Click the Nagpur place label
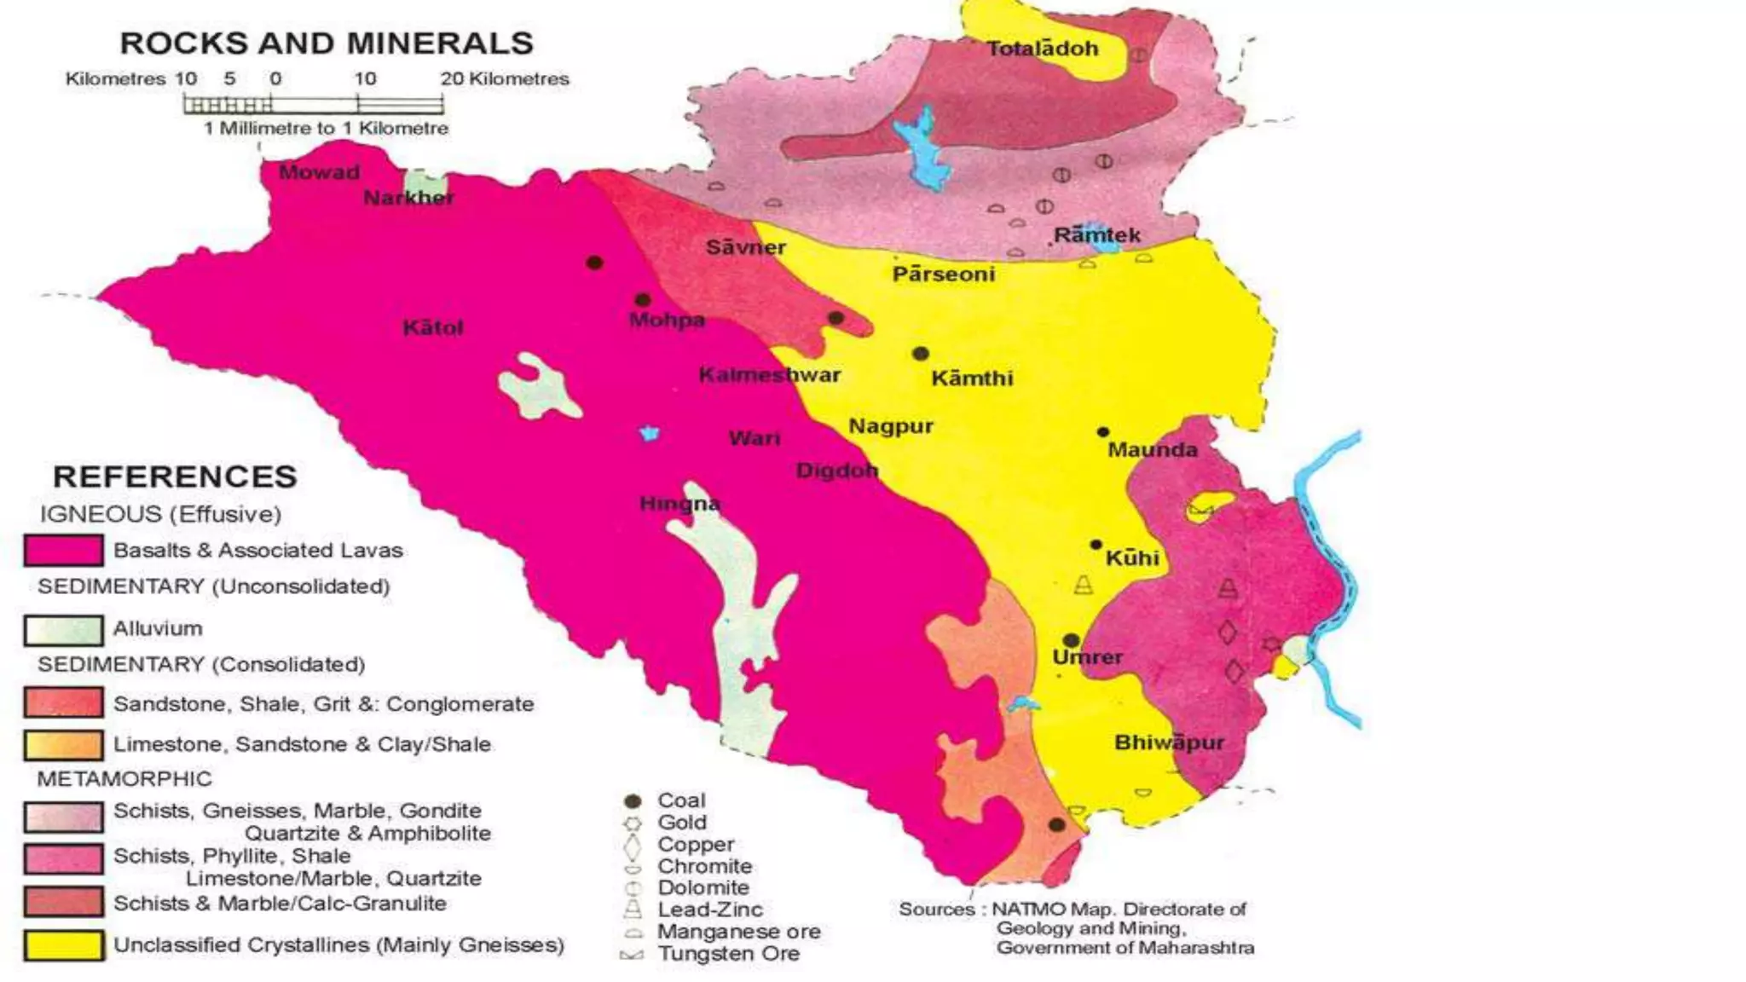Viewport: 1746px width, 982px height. (x=890, y=426)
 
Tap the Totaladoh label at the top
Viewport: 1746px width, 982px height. (x=1042, y=49)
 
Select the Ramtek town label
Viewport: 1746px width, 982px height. (x=1096, y=234)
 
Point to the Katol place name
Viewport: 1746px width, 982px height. (x=432, y=328)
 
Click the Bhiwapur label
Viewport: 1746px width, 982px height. (x=1169, y=742)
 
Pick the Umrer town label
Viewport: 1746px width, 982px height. (x=1087, y=657)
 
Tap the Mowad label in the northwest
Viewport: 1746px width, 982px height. (x=319, y=172)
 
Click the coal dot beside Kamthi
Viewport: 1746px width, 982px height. (x=920, y=353)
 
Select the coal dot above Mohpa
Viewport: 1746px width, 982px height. (x=643, y=300)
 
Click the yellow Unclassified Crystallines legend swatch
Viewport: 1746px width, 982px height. (x=64, y=945)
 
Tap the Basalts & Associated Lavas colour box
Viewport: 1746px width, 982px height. (x=64, y=551)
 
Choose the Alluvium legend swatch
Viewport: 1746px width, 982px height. (x=64, y=630)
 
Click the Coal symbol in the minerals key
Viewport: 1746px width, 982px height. (x=633, y=801)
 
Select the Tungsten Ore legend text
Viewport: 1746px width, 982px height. (x=728, y=954)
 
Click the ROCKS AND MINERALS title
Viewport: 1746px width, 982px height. (x=327, y=43)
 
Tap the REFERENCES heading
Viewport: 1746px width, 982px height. (x=175, y=477)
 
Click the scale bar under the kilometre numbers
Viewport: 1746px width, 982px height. (x=313, y=105)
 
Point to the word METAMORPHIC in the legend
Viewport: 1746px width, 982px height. (x=124, y=779)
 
